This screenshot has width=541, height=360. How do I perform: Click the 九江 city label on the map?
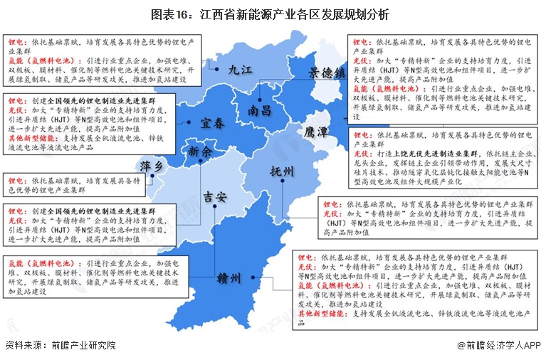tap(241, 70)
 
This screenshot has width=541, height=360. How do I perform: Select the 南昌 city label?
tap(259, 110)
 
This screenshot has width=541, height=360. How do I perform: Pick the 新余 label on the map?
tap(200, 152)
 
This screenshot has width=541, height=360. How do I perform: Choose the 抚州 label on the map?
tap(282, 171)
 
